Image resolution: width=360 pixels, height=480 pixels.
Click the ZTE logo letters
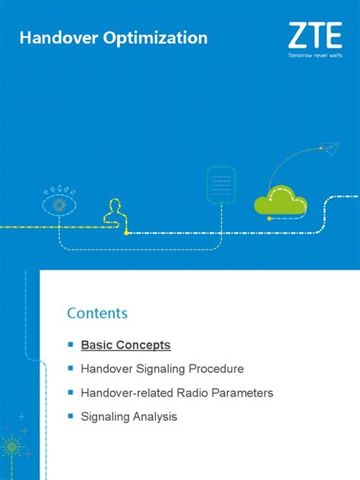[x=314, y=36]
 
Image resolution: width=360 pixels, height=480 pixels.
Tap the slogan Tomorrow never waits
[x=314, y=55]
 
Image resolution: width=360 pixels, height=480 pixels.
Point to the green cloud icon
[x=280, y=202]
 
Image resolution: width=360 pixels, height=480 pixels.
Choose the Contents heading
[x=97, y=313]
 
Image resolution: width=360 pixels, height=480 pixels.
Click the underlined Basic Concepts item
[x=126, y=346]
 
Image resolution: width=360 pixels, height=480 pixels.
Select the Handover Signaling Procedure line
[x=163, y=369]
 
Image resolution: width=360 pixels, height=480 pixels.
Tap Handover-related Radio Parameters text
[x=177, y=393]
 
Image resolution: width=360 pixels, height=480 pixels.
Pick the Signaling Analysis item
[x=129, y=416]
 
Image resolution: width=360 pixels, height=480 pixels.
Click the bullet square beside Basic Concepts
[x=70, y=346]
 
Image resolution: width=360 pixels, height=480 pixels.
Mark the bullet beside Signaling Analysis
[x=70, y=416]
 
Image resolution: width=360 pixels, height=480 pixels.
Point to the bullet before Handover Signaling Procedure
[x=70, y=369]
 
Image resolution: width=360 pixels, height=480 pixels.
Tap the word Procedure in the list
[x=216, y=369]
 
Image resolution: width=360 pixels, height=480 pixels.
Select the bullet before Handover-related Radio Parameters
[x=70, y=393]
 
